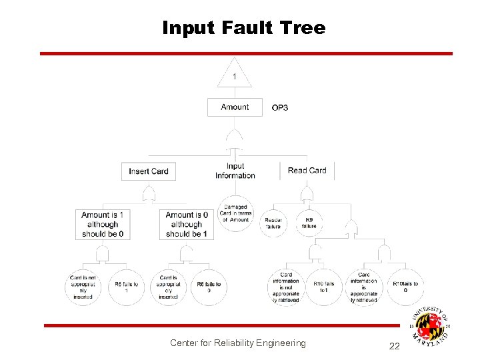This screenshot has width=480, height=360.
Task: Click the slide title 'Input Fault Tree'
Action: tap(244, 28)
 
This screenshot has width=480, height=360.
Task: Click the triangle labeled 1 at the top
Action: tap(235, 75)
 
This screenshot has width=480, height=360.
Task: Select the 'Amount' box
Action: tap(235, 107)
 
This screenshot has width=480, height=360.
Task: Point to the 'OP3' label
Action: tap(280, 108)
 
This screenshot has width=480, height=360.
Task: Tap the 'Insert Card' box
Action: tap(149, 171)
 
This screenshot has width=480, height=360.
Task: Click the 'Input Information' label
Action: tap(235, 171)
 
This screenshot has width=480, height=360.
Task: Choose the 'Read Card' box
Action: tap(307, 171)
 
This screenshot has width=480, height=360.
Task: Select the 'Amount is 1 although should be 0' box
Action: tap(102, 225)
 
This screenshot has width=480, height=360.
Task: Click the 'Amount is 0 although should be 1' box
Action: tap(187, 225)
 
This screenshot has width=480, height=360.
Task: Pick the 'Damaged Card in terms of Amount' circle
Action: tap(235, 214)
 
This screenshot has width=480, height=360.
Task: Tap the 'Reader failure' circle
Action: tap(273, 223)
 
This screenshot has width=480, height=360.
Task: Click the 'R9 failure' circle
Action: tap(309, 223)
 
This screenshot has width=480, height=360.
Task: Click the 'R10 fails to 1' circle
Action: tap(325, 287)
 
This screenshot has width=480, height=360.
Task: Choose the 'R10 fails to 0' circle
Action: tap(405, 287)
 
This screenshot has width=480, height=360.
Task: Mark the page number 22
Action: tap(393, 345)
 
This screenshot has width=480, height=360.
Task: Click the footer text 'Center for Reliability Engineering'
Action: tap(237, 343)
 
